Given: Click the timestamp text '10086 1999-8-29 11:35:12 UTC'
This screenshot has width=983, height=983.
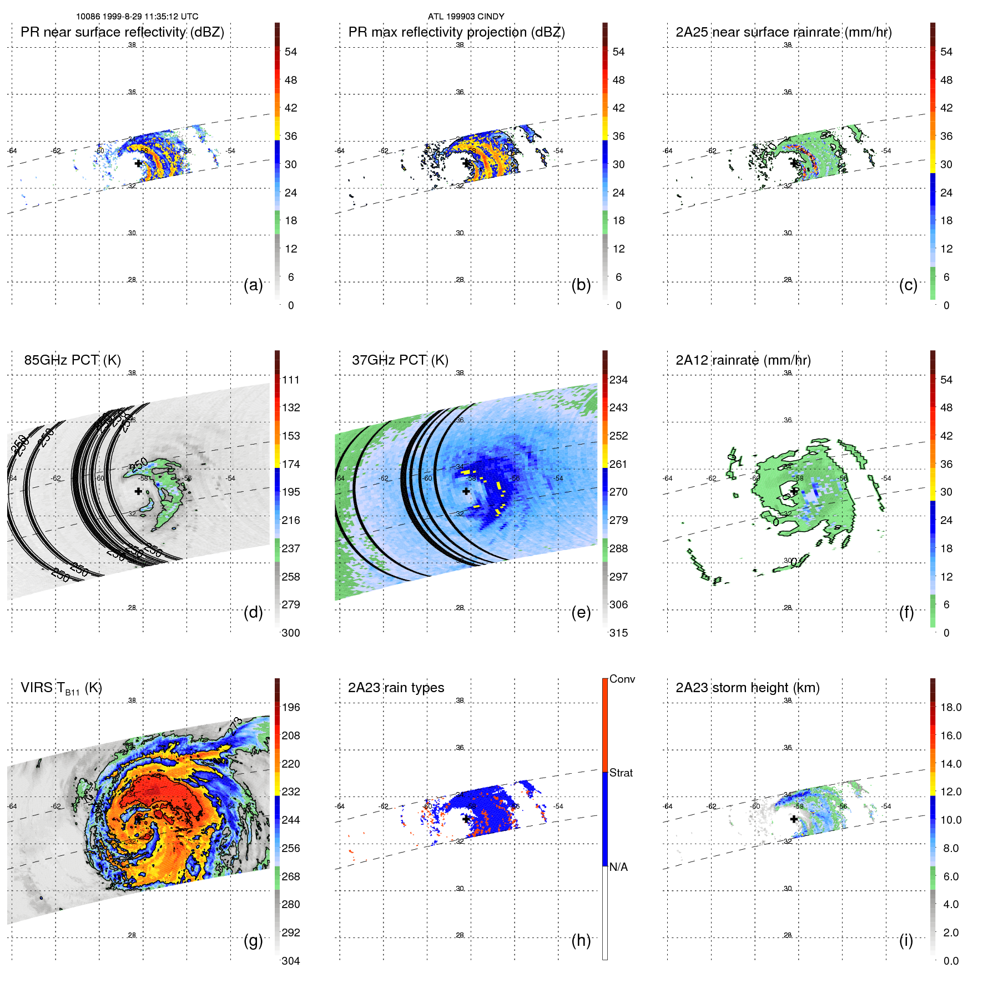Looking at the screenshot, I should click(x=137, y=17).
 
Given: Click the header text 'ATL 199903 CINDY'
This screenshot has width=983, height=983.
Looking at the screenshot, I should click(x=466, y=17).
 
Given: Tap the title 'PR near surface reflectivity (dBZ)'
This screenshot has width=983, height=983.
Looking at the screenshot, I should click(x=122, y=32).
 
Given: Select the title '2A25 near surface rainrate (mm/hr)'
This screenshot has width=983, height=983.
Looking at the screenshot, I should click(x=783, y=32).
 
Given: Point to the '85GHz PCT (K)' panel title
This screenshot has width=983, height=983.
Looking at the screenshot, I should click(x=72, y=360).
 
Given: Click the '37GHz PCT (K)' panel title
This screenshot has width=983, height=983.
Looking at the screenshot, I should click(x=400, y=360).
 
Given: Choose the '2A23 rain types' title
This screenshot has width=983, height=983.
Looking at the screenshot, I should click(x=396, y=688).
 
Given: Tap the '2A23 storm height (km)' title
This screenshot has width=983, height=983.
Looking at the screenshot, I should click(x=747, y=688).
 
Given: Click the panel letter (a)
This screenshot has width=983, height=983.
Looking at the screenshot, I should click(x=253, y=285).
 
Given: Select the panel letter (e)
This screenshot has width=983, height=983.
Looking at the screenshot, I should click(x=581, y=613).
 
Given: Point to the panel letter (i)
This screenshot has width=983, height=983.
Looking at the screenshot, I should click(x=906, y=940).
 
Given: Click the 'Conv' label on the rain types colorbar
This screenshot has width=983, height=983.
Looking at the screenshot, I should click(x=622, y=679).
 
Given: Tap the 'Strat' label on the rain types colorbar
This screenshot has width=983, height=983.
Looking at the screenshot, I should click(x=621, y=773).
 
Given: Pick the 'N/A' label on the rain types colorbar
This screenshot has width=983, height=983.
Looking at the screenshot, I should click(x=618, y=867).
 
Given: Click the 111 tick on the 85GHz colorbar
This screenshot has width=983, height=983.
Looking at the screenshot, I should click(x=290, y=380).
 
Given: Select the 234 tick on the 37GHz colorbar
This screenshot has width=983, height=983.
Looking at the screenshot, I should click(x=618, y=380).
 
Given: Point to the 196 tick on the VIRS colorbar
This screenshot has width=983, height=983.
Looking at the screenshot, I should click(x=290, y=708).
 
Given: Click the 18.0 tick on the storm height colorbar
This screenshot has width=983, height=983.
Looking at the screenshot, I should click(x=950, y=708).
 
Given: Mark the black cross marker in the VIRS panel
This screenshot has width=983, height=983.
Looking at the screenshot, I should click(x=138, y=819).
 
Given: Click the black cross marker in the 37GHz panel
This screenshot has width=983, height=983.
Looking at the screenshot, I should click(x=466, y=491).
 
